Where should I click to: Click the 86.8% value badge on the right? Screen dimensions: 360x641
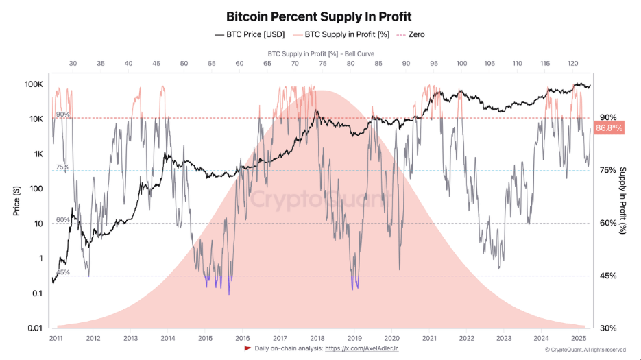click(x=609, y=128)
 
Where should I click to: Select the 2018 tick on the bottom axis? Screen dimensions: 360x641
click(x=317, y=338)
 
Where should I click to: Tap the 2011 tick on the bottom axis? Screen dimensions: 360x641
click(x=56, y=338)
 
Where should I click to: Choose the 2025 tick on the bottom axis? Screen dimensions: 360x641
click(x=578, y=338)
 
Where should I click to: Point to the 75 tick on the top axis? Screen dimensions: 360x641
click(x=322, y=63)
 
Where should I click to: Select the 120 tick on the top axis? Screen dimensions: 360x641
click(x=572, y=63)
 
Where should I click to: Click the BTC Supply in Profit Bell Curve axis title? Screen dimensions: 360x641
click(x=320, y=53)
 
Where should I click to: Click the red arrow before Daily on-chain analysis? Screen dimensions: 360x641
click(x=247, y=348)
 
